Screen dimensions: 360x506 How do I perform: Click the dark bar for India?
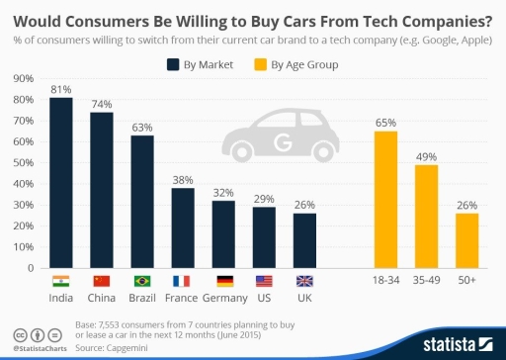61,183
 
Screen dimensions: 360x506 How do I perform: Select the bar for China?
102,190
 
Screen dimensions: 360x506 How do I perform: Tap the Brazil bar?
142,202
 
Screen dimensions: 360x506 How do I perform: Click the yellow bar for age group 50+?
467,240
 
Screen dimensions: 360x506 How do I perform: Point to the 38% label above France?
183,180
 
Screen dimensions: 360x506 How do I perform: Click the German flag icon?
223,281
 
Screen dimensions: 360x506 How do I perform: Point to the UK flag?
304,281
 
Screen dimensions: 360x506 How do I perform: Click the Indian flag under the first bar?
61,281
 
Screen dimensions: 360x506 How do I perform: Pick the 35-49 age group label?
426,296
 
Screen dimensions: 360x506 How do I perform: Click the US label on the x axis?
264,296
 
